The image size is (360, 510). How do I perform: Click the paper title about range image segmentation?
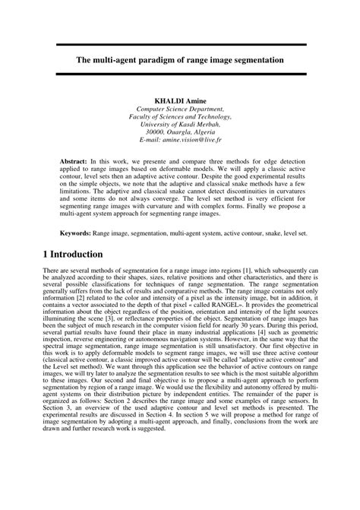180,58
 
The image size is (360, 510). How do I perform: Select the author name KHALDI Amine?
180,100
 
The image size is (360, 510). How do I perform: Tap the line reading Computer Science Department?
180,109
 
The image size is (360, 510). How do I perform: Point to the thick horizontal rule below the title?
180,73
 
